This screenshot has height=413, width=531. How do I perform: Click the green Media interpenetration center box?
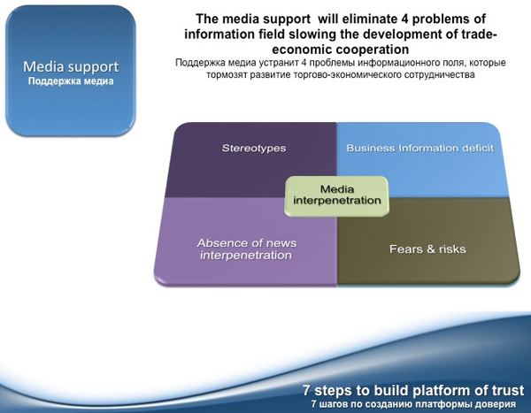click(x=336, y=196)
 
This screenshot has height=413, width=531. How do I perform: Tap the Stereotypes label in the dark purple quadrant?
click(x=254, y=149)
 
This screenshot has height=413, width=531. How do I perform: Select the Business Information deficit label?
click(x=419, y=149)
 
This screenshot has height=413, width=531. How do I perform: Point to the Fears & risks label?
click(x=427, y=249)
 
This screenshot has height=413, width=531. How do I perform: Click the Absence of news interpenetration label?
click(x=247, y=249)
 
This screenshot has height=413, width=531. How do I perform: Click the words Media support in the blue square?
click(x=71, y=67)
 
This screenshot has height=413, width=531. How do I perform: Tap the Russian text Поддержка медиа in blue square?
click(x=71, y=81)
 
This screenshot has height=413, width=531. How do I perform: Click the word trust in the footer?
click(x=507, y=390)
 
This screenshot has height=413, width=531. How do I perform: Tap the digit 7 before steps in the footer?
click(x=306, y=390)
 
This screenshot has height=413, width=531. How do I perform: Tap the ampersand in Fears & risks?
click(x=431, y=249)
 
